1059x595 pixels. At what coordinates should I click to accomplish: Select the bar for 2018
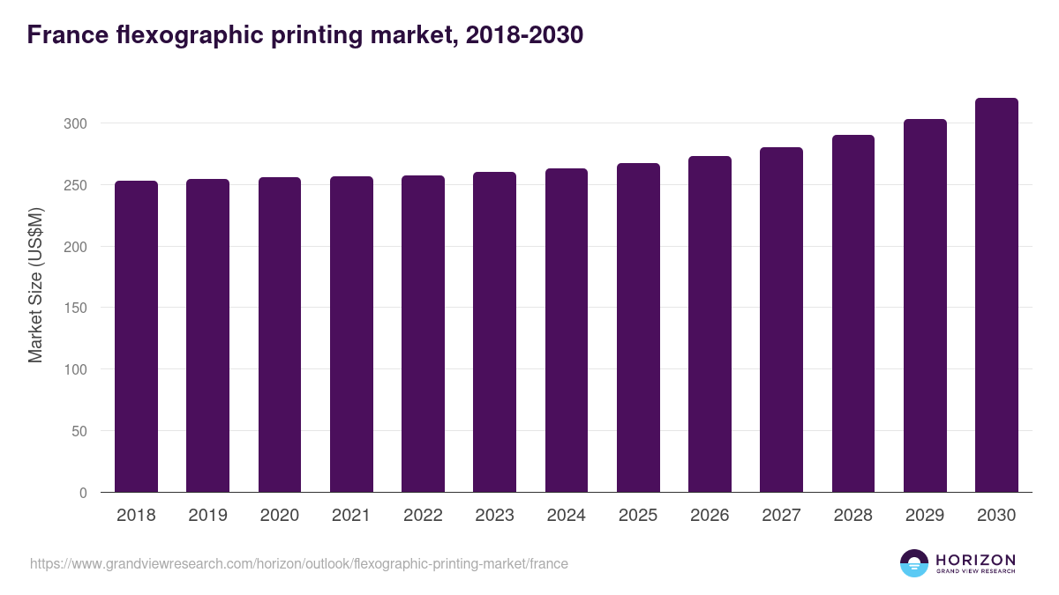pos(136,337)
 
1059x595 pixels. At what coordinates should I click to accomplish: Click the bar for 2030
pos(996,295)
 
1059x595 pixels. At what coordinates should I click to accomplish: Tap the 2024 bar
pos(567,331)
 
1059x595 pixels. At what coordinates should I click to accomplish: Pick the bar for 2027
pos(781,320)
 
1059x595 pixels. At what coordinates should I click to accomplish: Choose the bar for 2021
pos(351,335)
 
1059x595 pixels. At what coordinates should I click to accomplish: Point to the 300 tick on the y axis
pos(75,123)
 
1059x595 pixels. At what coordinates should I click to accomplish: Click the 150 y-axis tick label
pos(75,308)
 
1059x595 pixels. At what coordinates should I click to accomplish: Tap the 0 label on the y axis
pos(83,493)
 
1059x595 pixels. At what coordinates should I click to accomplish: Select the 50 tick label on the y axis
pos(79,431)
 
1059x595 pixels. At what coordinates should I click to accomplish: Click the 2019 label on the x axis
pos(207,516)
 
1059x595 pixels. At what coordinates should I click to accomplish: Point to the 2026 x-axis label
pos(710,516)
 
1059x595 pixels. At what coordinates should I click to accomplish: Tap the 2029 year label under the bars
pos(925,516)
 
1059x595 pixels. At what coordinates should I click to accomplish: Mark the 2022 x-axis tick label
pos(423,516)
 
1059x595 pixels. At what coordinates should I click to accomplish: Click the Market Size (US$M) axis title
pos(35,285)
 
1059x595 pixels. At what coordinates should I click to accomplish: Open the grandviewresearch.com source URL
pos(299,563)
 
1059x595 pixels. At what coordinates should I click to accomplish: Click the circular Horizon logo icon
pos(914,563)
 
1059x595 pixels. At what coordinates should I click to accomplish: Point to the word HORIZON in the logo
pos(975,559)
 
